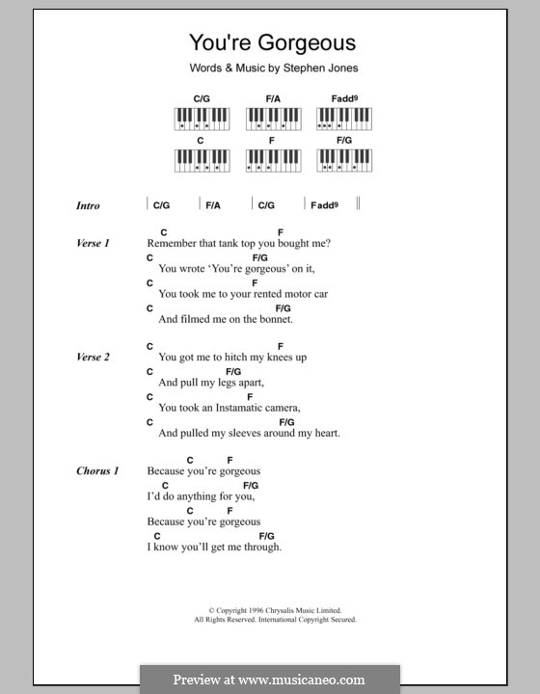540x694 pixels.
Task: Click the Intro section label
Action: (x=88, y=206)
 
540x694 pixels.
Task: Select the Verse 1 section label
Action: (x=93, y=243)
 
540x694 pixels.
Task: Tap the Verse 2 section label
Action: (x=93, y=357)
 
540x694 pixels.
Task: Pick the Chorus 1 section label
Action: (x=96, y=470)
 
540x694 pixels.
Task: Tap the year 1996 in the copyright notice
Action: (x=247, y=610)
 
